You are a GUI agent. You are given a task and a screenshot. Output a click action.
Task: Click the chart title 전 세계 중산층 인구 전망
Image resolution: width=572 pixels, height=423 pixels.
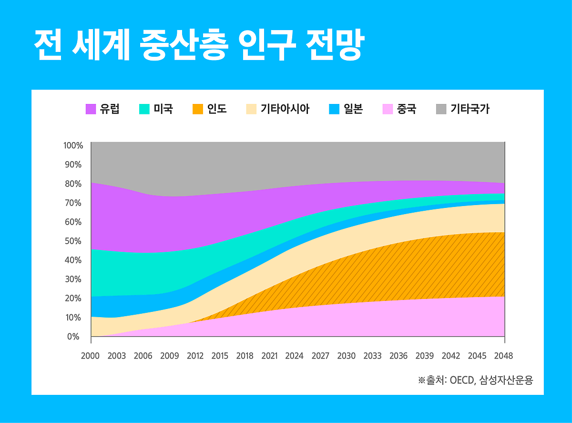[199, 46]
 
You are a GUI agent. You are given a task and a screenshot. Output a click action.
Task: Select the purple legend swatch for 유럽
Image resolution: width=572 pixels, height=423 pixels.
[91, 109]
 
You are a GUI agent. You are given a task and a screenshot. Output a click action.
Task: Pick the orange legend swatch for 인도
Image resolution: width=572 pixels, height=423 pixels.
[197, 109]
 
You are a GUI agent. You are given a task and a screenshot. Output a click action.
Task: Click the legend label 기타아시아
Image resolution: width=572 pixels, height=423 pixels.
[285, 109]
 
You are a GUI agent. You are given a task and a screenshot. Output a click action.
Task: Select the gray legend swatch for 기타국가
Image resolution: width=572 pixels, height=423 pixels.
[441, 109]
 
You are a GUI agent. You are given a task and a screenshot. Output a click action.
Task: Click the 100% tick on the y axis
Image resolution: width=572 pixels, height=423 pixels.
[73, 145]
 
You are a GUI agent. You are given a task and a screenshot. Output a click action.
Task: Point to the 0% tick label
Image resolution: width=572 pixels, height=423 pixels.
[73, 336]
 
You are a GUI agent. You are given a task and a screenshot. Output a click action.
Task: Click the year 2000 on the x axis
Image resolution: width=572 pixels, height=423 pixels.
[91, 356]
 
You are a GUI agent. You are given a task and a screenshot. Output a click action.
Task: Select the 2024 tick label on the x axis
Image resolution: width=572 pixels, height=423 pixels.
[294, 356]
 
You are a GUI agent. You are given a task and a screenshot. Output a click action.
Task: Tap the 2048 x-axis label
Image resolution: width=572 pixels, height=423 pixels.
[503, 356]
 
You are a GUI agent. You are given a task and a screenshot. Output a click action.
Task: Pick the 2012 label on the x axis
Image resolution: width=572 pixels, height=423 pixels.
[195, 356]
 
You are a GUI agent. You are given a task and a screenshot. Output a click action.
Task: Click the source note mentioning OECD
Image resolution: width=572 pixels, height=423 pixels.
[475, 380]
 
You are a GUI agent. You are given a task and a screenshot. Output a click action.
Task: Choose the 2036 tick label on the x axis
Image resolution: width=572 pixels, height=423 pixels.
[398, 356]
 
